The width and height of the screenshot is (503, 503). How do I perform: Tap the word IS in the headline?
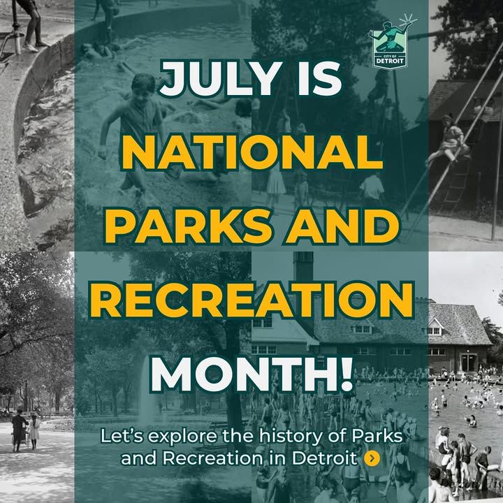tap(319, 78)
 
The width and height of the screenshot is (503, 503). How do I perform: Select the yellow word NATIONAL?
tap(252, 153)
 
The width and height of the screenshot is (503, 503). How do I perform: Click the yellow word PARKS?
tap(188, 226)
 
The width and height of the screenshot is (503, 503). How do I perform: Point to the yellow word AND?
tap(342, 226)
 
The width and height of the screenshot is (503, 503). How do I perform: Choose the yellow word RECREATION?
tap(251, 300)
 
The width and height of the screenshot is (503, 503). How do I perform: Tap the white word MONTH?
tap(251, 374)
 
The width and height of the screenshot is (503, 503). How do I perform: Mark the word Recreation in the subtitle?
tap(212, 458)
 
